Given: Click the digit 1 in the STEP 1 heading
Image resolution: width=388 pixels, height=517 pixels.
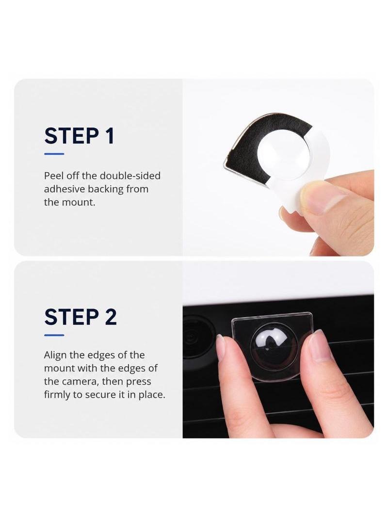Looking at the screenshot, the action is pos(110,135).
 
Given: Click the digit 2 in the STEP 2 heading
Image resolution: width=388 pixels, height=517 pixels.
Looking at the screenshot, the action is pos(111,317).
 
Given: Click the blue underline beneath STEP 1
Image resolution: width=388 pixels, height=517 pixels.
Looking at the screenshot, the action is pos(54,154).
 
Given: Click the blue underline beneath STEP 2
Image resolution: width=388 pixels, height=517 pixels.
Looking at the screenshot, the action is pos(54,335).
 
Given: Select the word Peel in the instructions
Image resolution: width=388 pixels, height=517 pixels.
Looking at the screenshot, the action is pos(54,176).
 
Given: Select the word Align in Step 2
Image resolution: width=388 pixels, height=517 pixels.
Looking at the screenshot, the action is pos(56,355).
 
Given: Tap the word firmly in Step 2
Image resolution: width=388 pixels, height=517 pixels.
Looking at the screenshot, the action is pos(57,395).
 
